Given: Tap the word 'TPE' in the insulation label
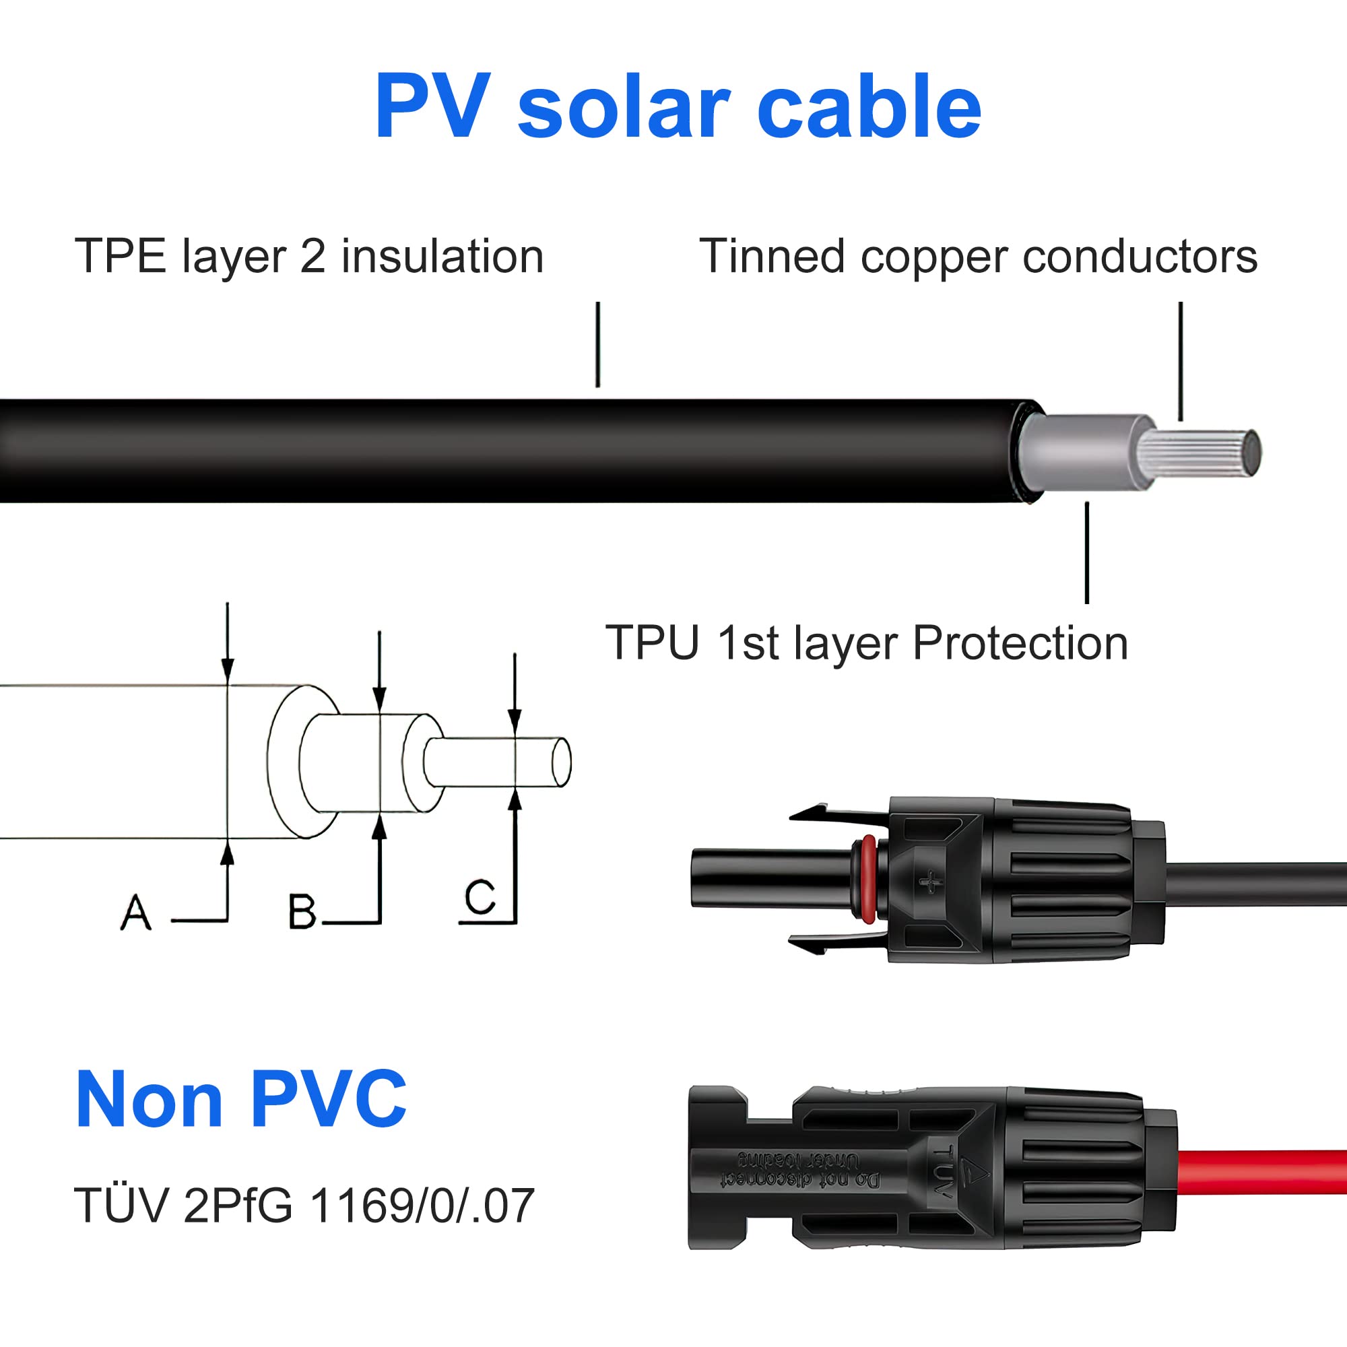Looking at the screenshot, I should click(121, 256).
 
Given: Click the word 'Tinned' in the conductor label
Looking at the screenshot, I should click(773, 256).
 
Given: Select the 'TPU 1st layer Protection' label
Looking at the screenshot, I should click(867, 642).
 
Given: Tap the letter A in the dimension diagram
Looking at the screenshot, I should click(136, 913).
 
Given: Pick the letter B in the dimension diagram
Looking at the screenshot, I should click(302, 912).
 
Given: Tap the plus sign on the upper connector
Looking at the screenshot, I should click(930, 883).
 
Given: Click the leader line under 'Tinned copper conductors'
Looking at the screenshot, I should click(1181, 361).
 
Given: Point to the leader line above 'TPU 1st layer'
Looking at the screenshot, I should click(1087, 552).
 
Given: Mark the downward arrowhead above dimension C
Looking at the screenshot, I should click(515, 721).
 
